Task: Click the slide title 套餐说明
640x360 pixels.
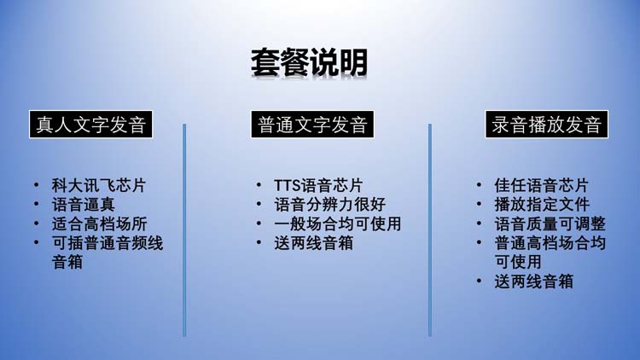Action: click(309, 62)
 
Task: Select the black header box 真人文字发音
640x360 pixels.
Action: click(90, 124)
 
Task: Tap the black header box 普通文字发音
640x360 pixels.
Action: click(312, 124)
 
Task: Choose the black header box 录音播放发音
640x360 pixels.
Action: click(546, 124)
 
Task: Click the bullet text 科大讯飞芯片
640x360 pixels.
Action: click(99, 185)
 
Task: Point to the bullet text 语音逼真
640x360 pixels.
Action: click(84, 205)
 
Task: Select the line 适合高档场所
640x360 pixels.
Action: click(99, 224)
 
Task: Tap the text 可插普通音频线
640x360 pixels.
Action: click(108, 243)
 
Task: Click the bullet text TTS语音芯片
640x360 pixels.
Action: click(318, 185)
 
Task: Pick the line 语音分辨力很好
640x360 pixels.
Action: click(329, 205)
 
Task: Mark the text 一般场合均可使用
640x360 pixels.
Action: click(338, 224)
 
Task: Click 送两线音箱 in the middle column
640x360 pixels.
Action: click(313, 243)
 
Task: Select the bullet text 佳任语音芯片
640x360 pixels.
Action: click(541, 185)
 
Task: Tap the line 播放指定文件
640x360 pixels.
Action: click(542, 205)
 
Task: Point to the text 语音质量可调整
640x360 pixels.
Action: click(550, 224)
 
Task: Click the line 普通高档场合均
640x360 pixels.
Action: click(550, 243)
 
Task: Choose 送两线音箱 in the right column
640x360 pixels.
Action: click(534, 282)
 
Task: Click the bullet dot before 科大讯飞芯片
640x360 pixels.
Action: click(37, 185)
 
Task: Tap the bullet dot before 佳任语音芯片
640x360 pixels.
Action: click(479, 185)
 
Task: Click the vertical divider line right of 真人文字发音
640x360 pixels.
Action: click(184, 230)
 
